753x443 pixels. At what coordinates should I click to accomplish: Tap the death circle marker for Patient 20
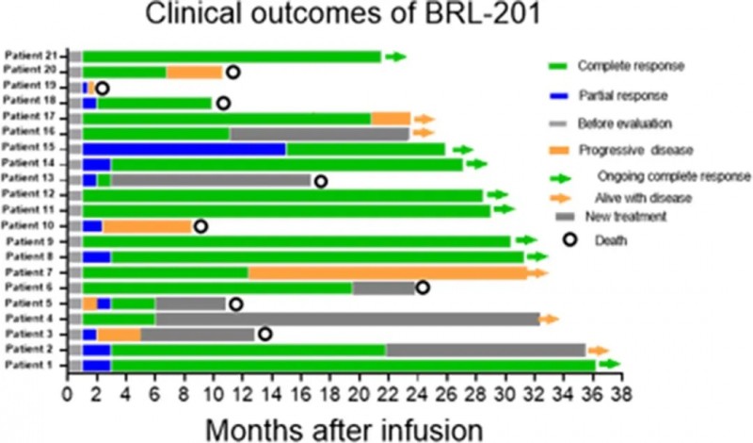point(232,72)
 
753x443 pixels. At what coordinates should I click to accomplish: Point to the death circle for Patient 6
point(423,287)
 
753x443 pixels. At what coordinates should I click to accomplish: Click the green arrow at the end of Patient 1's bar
point(610,364)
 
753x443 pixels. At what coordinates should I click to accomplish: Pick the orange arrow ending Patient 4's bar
point(549,319)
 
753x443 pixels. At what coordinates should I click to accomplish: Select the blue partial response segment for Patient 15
point(184,149)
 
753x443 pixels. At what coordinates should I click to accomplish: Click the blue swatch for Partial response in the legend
point(561,96)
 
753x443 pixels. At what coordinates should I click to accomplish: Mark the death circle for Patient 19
point(102,88)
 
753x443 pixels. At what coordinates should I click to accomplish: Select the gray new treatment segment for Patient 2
point(485,350)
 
